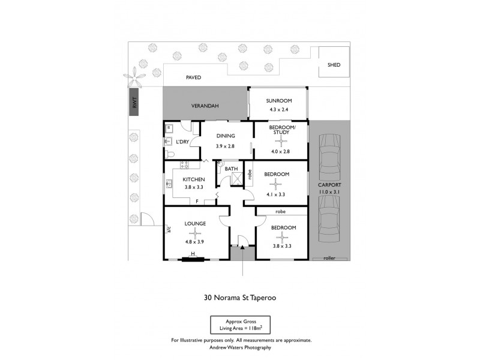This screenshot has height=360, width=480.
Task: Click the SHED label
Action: pos(334,65)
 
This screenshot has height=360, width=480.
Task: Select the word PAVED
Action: pos(193,77)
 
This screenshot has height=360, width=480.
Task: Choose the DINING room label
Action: pos(226,136)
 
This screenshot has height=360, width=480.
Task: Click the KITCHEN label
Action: pos(194,179)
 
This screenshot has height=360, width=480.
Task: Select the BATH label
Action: pos(231,169)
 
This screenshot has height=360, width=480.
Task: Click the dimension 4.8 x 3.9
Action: pos(195,242)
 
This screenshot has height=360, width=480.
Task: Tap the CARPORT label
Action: pos(329,185)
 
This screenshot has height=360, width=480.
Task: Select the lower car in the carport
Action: pos(329,217)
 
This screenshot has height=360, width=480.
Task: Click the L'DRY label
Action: pos(182,142)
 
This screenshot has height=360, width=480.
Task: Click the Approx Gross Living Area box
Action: pos(240,325)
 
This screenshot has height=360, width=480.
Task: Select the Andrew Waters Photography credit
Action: pos(240,347)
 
